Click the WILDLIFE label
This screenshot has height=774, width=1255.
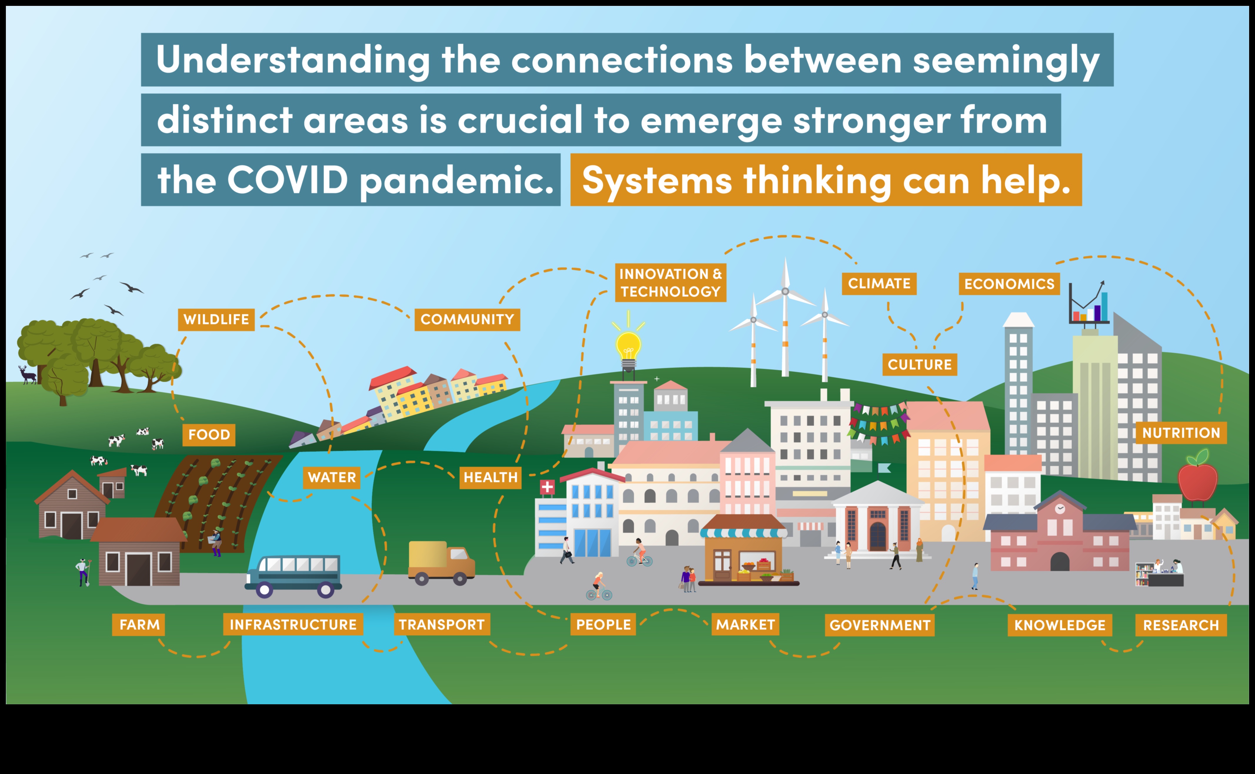click(x=216, y=319)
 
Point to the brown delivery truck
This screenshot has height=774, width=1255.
click(x=441, y=562)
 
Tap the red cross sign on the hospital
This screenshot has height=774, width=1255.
click(x=547, y=487)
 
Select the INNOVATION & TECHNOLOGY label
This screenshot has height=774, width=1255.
click(x=670, y=283)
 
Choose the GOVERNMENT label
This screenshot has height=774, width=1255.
click(x=879, y=625)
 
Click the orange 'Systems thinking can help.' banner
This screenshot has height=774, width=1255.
click(x=826, y=180)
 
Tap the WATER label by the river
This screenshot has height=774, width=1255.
click(x=331, y=477)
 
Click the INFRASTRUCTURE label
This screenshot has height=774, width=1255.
click(x=293, y=625)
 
